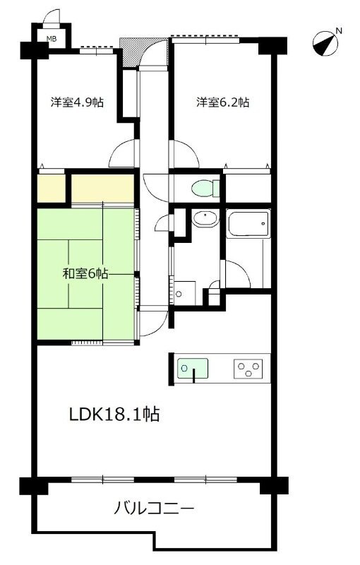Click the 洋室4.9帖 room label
pos(77,102)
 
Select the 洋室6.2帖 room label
pos(222,102)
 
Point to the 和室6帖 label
pos(84,273)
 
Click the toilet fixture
pos(204,189)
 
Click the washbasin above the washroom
pos(204,219)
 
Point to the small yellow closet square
pos(51,188)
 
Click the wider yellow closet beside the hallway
pos(103,188)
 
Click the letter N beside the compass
pos(338,30)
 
